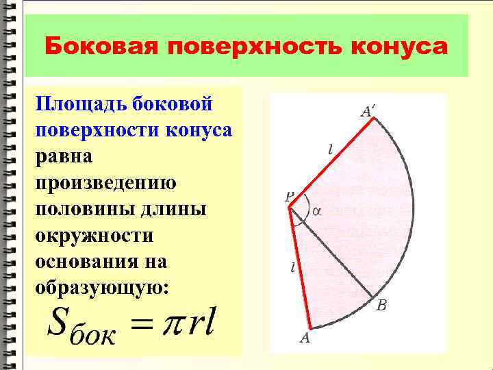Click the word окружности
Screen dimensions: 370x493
pyautogui.click(x=94, y=236)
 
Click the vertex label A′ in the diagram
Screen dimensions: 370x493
pyautogui.click(x=369, y=110)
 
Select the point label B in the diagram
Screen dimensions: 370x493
pyautogui.click(x=382, y=306)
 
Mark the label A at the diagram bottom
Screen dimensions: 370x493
pyautogui.click(x=305, y=338)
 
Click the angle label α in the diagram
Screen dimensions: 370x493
pyautogui.click(x=316, y=211)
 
